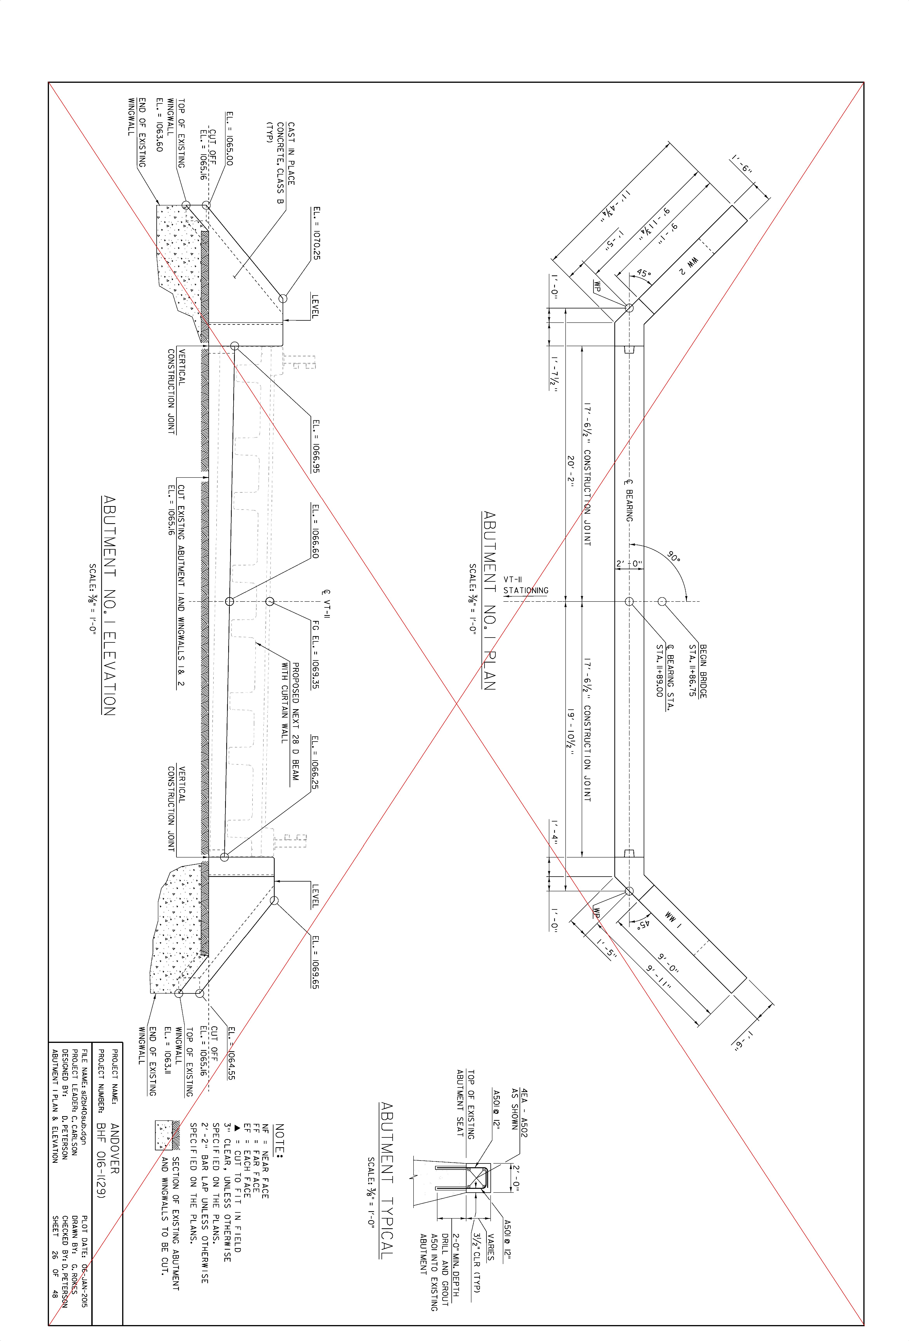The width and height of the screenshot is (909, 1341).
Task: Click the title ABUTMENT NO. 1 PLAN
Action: point(489,600)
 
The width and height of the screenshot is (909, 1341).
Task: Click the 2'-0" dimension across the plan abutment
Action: point(629,563)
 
